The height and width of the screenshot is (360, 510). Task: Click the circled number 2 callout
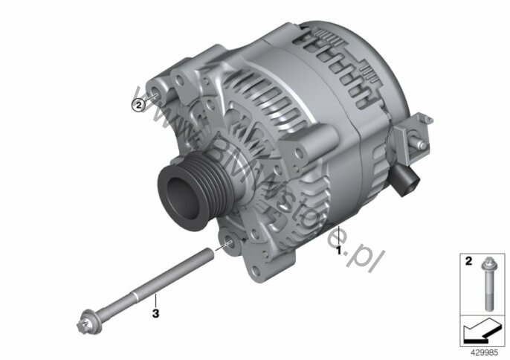[138, 105]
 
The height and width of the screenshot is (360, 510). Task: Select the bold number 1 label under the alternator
[338, 251]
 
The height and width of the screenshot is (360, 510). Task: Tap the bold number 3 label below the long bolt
[156, 313]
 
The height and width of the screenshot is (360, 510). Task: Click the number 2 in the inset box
[468, 261]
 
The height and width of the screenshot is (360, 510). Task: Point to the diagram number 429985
[484, 353]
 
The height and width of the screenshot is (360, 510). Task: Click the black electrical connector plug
[407, 180]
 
